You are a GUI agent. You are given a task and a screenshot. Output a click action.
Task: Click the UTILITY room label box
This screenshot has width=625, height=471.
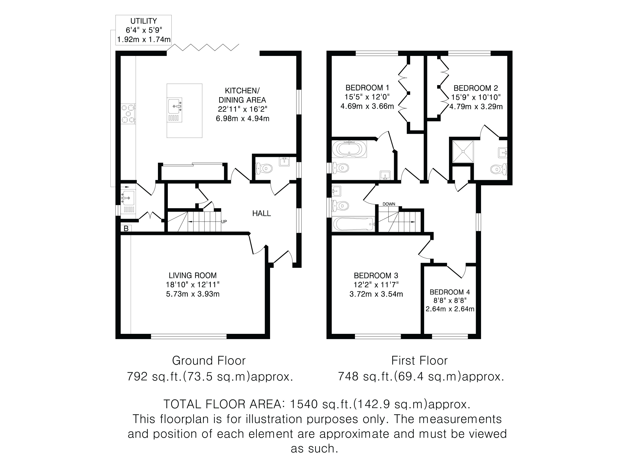(x=143, y=30)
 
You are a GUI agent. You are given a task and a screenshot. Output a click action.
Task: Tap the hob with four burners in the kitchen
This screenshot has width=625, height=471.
(x=128, y=114)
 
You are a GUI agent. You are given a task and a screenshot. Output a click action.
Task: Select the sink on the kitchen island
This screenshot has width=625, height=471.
(x=175, y=110)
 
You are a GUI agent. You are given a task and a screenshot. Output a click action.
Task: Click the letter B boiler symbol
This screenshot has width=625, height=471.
(x=126, y=229)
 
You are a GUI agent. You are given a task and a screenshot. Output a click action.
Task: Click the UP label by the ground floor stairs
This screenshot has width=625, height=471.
(x=224, y=222)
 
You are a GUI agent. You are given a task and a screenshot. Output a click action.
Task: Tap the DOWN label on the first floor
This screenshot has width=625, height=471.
(x=389, y=204)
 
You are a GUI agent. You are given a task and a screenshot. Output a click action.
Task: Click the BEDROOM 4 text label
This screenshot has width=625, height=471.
(x=450, y=292)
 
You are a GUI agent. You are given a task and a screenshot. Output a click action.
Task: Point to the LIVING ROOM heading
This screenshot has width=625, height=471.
(x=193, y=275)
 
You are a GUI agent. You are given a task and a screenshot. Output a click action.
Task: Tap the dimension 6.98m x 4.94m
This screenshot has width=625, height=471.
(x=242, y=119)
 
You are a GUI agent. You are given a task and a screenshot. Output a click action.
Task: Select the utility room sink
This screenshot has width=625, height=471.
(x=128, y=198)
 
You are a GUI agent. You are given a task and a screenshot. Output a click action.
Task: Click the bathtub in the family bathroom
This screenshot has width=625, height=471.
(x=353, y=224)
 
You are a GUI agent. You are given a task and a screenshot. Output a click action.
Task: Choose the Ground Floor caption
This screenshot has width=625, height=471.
(x=209, y=361)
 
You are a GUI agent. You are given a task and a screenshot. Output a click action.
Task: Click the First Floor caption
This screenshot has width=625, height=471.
(x=420, y=361)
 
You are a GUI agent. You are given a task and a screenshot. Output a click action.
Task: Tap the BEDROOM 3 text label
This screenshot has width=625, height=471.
(x=376, y=275)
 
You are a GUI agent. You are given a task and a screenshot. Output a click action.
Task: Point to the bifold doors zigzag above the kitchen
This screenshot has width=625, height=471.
(x=203, y=47)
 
